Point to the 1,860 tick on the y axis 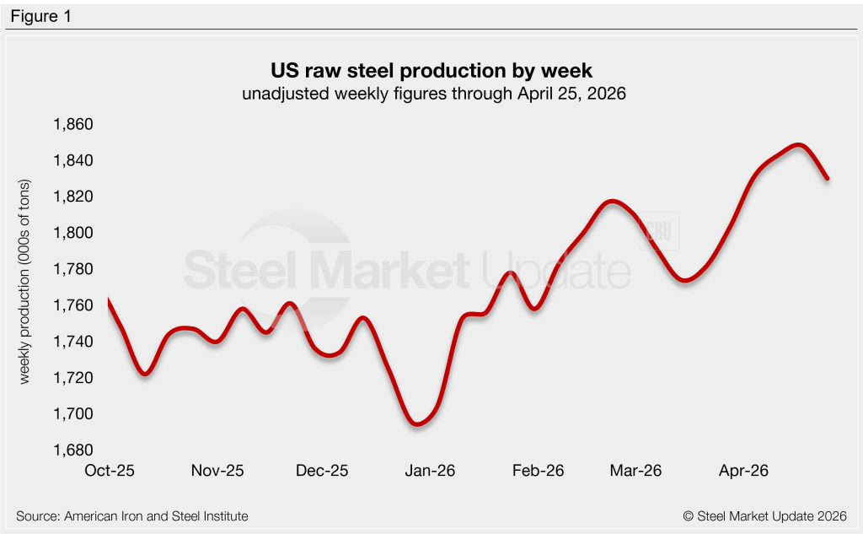[72, 125]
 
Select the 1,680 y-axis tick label [72, 450]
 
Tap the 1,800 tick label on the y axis [72, 233]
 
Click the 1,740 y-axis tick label [72, 342]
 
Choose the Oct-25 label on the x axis [109, 471]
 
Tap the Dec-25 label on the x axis [323, 471]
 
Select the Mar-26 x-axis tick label [636, 471]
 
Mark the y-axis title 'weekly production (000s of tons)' [24, 283]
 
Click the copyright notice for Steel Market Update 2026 [764, 515]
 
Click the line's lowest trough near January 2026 [417, 423]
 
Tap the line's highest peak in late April [798, 145]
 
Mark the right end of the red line [828, 178]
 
